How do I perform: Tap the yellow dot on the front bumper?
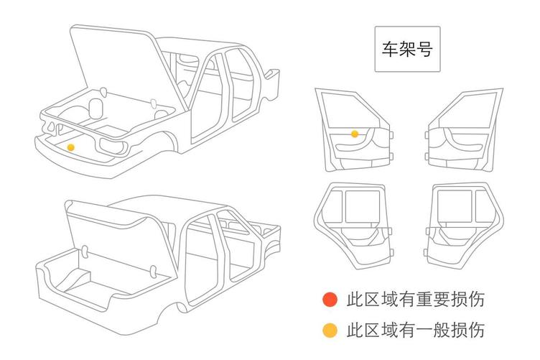(70, 147)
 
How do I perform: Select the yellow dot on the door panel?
(355, 134)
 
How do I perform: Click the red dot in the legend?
(330, 299)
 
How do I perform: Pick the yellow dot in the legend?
(330, 331)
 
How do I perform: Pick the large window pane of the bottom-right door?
(452, 206)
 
